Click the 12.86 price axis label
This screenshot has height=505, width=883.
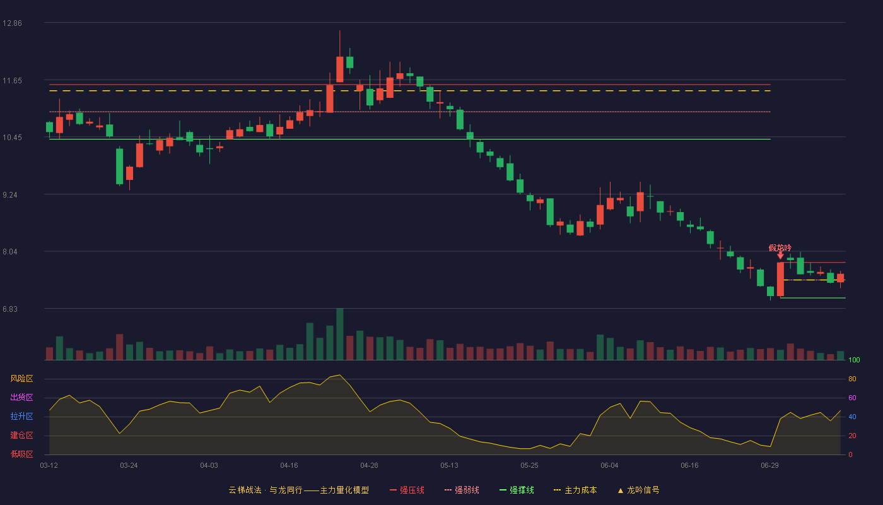pyautogui.click(x=12, y=23)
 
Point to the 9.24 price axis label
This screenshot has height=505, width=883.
pyautogui.click(x=10, y=195)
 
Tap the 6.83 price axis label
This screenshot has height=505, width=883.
pyautogui.click(x=10, y=309)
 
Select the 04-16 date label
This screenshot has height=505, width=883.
pyautogui.click(x=289, y=466)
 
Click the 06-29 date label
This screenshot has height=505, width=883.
pyautogui.click(x=769, y=466)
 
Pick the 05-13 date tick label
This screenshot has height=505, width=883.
pyautogui.click(x=449, y=466)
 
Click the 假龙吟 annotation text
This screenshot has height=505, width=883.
pyautogui.click(x=780, y=247)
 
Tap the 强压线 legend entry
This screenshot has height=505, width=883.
pyautogui.click(x=407, y=490)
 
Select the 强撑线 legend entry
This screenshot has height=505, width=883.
pyautogui.click(x=517, y=490)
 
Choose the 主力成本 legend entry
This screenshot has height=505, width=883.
pyautogui.click(x=575, y=490)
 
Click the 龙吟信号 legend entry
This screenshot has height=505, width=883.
pyautogui.click(x=638, y=490)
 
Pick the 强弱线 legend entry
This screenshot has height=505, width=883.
pyautogui.click(x=462, y=490)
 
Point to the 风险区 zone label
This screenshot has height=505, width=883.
pyautogui.click(x=21, y=379)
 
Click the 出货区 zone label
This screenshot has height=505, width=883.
pyautogui.click(x=21, y=397)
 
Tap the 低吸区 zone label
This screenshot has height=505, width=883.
pyautogui.click(x=21, y=454)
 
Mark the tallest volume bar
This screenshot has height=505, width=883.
pyautogui.click(x=340, y=334)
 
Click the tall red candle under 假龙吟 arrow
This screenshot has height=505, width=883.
pyautogui.click(x=780, y=279)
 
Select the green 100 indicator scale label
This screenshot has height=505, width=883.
pyautogui.click(x=854, y=360)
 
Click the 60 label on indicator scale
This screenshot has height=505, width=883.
pyautogui.click(x=852, y=398)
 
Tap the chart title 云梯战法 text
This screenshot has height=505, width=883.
pyautogui.click(x=245, y=490)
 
